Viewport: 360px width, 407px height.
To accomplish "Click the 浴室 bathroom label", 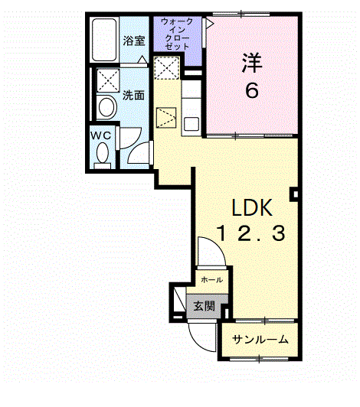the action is click(133, 41).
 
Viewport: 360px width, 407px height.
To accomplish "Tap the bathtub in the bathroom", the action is click(104, 40).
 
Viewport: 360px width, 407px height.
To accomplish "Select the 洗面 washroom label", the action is click(133, 96).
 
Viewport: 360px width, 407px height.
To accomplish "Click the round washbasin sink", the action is click(106, 107).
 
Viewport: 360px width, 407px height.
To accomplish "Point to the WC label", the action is click(100, 135).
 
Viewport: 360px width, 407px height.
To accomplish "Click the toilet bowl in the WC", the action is click(103, 153).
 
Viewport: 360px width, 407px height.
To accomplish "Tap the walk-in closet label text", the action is click(177, 34).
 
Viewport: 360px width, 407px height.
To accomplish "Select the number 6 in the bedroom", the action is click(252, 90).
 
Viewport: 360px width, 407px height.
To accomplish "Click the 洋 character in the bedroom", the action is click(252, 63).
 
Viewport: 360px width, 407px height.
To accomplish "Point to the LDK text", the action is click(252, 207).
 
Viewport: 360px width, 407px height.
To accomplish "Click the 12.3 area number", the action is click(251, 233).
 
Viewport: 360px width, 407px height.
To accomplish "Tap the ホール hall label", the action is click(212, 279).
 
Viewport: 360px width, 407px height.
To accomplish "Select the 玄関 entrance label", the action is click(204, 306).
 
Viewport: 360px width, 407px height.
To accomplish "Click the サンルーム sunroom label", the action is click(260, 339).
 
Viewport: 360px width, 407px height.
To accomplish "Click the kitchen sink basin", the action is click(191, 124).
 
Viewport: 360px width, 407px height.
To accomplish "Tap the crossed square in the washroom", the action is click(108, 80).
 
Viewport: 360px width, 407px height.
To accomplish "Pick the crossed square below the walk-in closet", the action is click(167, 67).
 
